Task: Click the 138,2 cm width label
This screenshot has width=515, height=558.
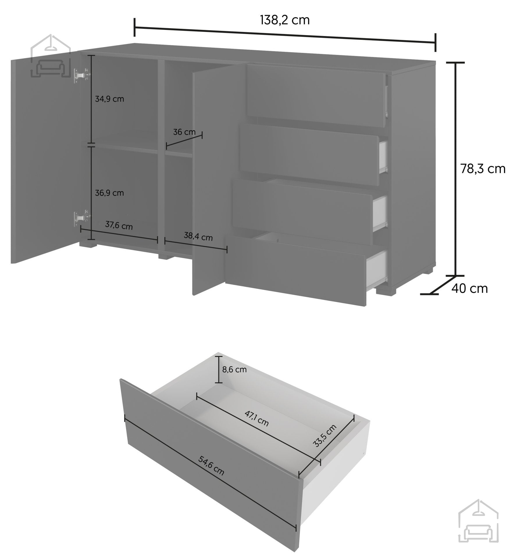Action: coord(284,20)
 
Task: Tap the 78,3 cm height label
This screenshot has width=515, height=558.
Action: coord(483,169)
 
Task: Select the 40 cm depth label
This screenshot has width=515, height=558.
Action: coord(469,288)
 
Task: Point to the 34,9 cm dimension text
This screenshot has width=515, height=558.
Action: coord(109,99)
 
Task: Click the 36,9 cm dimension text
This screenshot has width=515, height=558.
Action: coord(109,193)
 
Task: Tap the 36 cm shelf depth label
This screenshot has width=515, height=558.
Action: coord(184,132)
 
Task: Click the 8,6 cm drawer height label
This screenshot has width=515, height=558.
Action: coord(234,369)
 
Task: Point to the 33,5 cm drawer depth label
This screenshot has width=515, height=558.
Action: coord(325,436)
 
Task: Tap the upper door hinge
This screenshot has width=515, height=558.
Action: coord(81,75)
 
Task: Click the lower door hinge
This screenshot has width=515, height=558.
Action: coord(81,217)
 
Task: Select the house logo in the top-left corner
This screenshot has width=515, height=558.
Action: coord(51,57)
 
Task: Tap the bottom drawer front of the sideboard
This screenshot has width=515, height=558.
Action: coord(295,270)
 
